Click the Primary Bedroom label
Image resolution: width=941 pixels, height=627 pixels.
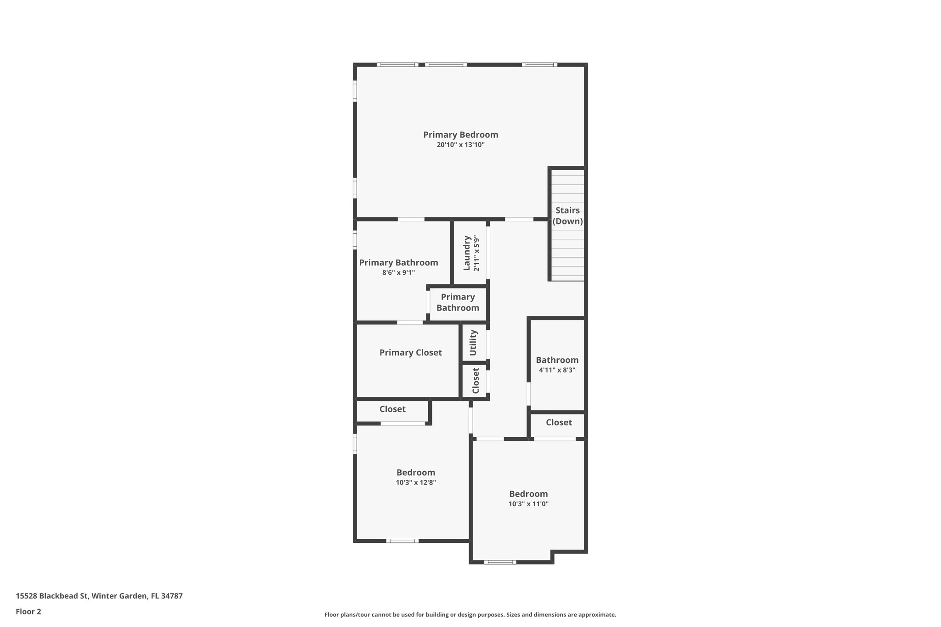point(460,135)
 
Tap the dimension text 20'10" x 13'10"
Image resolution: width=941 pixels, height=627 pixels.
point(460,145)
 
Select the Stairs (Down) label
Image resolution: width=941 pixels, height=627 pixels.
point(567,216)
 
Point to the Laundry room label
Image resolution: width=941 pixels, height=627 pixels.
point(467,253)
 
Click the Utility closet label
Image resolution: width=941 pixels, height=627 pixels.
point(473,343)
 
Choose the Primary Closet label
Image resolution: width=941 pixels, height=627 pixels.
point(410,352)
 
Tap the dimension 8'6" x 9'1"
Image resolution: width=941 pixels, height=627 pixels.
point(398,272)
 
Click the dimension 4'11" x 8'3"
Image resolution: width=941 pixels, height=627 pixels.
point(557,370)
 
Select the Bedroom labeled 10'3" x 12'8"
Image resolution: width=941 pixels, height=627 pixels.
point(416,472)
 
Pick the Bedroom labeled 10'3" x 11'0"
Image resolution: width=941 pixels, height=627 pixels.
point(528,494)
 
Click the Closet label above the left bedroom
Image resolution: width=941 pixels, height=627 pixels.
point(392,409)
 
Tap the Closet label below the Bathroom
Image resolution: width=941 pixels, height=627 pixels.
point(559,422)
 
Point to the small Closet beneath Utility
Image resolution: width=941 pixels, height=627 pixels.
point(476,381)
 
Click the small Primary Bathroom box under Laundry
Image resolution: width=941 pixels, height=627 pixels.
point(458,302)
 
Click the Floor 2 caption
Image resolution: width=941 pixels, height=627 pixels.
point(28,611)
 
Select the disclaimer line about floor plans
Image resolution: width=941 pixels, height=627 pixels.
point(470,615)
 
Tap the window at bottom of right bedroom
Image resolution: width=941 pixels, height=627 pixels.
point(500,562)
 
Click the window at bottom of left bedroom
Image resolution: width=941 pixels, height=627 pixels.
point(402,541)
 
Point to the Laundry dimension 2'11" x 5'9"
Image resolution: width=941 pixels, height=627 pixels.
point(477,253)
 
